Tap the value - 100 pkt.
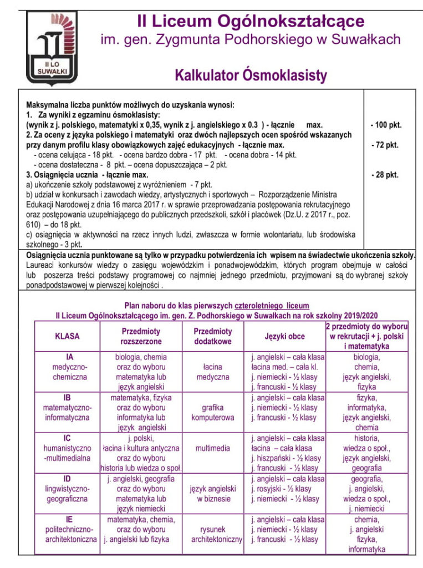coord(386,125)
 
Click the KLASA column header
coord(67,336)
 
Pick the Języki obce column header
coord(285,336)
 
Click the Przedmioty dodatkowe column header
coord(213,336)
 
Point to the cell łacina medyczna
coord(213,372)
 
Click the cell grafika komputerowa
coord(213,412)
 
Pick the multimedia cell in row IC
coord(213,448)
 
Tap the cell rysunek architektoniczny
coord(217,534)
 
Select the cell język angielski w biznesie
coord(213,493)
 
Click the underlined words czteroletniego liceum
coord(272,306)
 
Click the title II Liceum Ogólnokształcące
coord(251,22)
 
